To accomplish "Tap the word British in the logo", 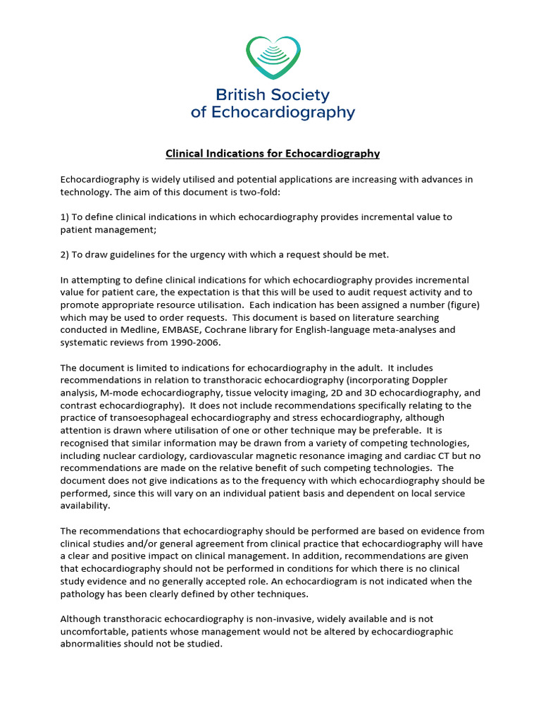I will [x=240, y=94].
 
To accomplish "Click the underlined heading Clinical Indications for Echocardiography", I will [x=272, y=153].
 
